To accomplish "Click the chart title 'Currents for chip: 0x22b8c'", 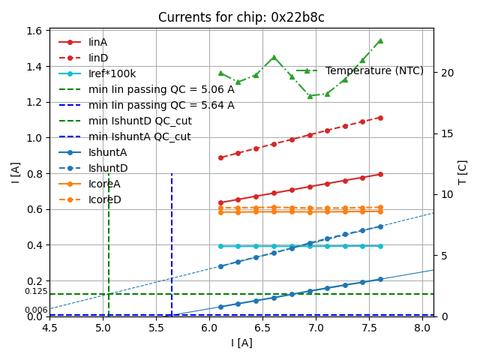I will (241, 17).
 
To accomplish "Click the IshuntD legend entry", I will (108, 168).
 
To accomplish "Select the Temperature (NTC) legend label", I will (374, 70).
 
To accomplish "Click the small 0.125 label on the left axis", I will (35, 291).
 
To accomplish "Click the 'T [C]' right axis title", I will (462, 172).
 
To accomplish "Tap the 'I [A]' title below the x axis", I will (241, 343).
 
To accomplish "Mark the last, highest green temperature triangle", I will (380, 40).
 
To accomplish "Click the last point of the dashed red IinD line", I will (380, 118).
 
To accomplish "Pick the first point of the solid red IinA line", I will (220, 202).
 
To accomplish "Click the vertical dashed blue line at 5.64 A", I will (172, 240).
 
